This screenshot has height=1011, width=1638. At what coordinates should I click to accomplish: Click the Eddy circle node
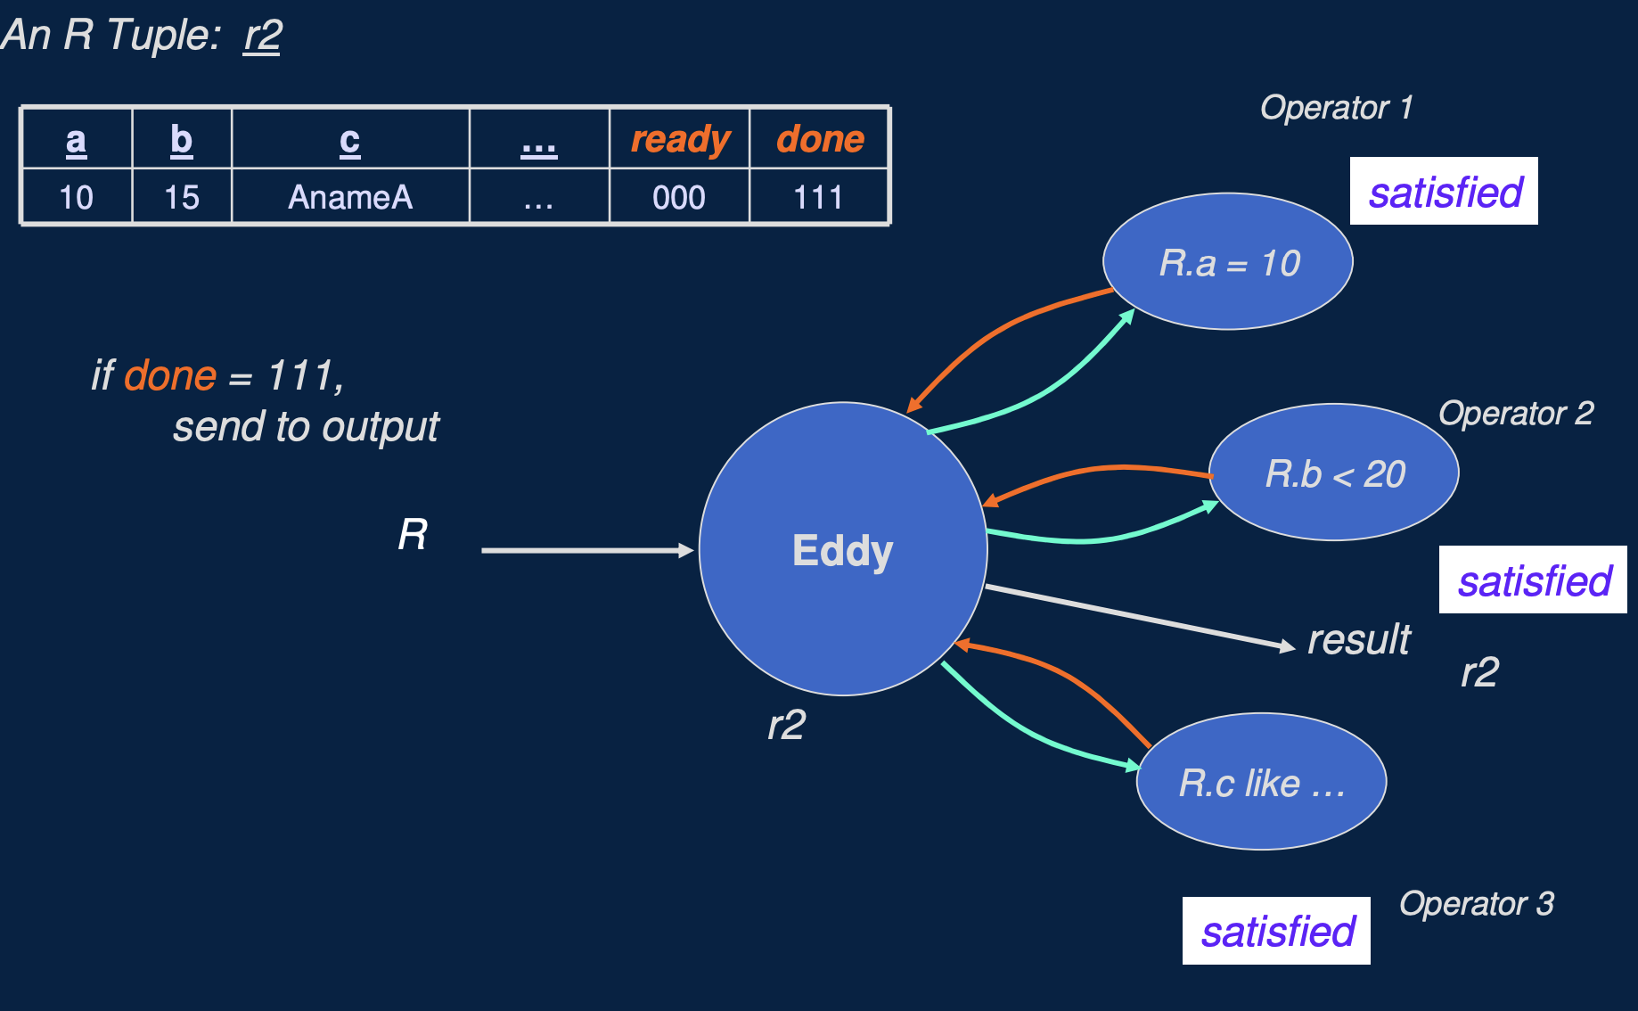click(x=842, y=549)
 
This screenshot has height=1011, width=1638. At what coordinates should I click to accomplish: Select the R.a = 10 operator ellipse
click(x=1227, y=262)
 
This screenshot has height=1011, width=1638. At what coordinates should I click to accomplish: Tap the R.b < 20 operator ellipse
click(x=1333, y=473)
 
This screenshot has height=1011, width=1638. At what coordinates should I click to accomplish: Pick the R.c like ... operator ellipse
click(x=1261, y=782)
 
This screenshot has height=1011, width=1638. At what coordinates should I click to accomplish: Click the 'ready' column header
click(x=680, y=139)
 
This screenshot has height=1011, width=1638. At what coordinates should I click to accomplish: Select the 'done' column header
click(x=820, y=139)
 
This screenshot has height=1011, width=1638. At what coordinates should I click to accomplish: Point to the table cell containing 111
click(x=818, y=197)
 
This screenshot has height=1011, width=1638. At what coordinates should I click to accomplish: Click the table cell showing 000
click(x=679, y=197)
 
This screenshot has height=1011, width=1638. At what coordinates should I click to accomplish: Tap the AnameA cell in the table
click(x=350, y=197)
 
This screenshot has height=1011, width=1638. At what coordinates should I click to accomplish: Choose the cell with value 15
click(x=182, y=197)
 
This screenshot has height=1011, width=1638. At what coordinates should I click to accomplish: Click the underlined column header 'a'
click(x=77, y=140)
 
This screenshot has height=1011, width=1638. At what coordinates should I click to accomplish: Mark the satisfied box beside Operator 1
click(x=1444, y=192)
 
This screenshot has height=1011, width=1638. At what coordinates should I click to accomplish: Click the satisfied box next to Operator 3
click(x=1276, y=931)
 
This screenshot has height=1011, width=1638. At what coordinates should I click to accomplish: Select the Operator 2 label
click(x=1516, y=414)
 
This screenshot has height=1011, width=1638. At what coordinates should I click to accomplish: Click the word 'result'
click(x=1358, y=639)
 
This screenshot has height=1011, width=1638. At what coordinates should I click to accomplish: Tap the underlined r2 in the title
click(x=262, y=36)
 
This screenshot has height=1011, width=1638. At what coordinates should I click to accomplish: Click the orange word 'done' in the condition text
click(x=170, y=375)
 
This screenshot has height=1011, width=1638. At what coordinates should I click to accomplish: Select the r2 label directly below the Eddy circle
click(x=786, y=724)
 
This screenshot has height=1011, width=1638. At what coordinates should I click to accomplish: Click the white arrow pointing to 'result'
click(x=1141, y=617)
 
